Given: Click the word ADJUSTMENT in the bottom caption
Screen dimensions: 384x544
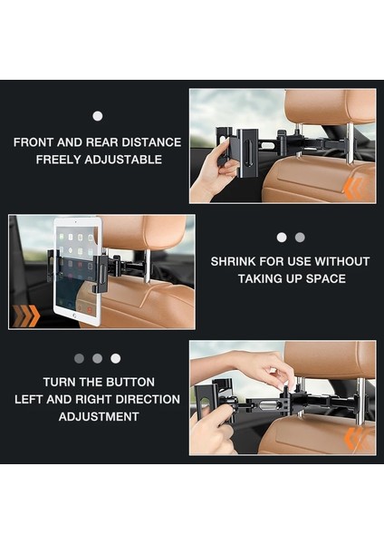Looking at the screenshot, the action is point(99,416).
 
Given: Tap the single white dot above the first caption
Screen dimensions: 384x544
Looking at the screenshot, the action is point(98,116).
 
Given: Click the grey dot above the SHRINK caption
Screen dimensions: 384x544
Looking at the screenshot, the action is point(300,238).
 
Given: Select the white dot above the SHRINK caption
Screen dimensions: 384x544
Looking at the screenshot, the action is point(282,238).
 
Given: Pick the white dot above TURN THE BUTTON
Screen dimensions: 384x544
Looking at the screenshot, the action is point(115,358).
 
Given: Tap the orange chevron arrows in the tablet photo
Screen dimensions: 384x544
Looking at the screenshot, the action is point(26,316).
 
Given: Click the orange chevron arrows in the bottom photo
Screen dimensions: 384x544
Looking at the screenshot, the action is point(354,439).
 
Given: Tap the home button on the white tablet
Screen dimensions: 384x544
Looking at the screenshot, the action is point(74,316).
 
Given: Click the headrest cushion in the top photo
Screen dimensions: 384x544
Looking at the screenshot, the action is point(330,108).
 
